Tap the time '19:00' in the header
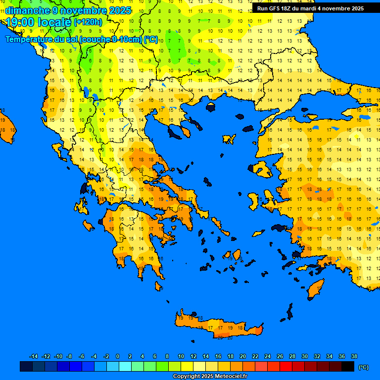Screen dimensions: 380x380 [x=21, y=22]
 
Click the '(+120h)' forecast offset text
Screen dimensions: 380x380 [x=88, y=22]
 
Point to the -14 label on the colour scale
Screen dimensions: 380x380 [x=34, y=356]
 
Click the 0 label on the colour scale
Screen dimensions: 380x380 [x=118, y=356]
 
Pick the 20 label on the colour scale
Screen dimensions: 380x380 [x=242, y=356]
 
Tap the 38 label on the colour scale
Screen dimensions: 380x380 [x=354, y=356]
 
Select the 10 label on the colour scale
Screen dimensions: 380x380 [x=181, y=356]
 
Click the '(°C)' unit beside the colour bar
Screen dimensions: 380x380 [x=364, y=367]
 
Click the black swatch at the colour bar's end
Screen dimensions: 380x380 [x=348, y=367]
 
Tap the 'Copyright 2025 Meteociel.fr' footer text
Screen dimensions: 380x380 [x=210, y=377]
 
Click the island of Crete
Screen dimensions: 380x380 [x=218, y=327]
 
